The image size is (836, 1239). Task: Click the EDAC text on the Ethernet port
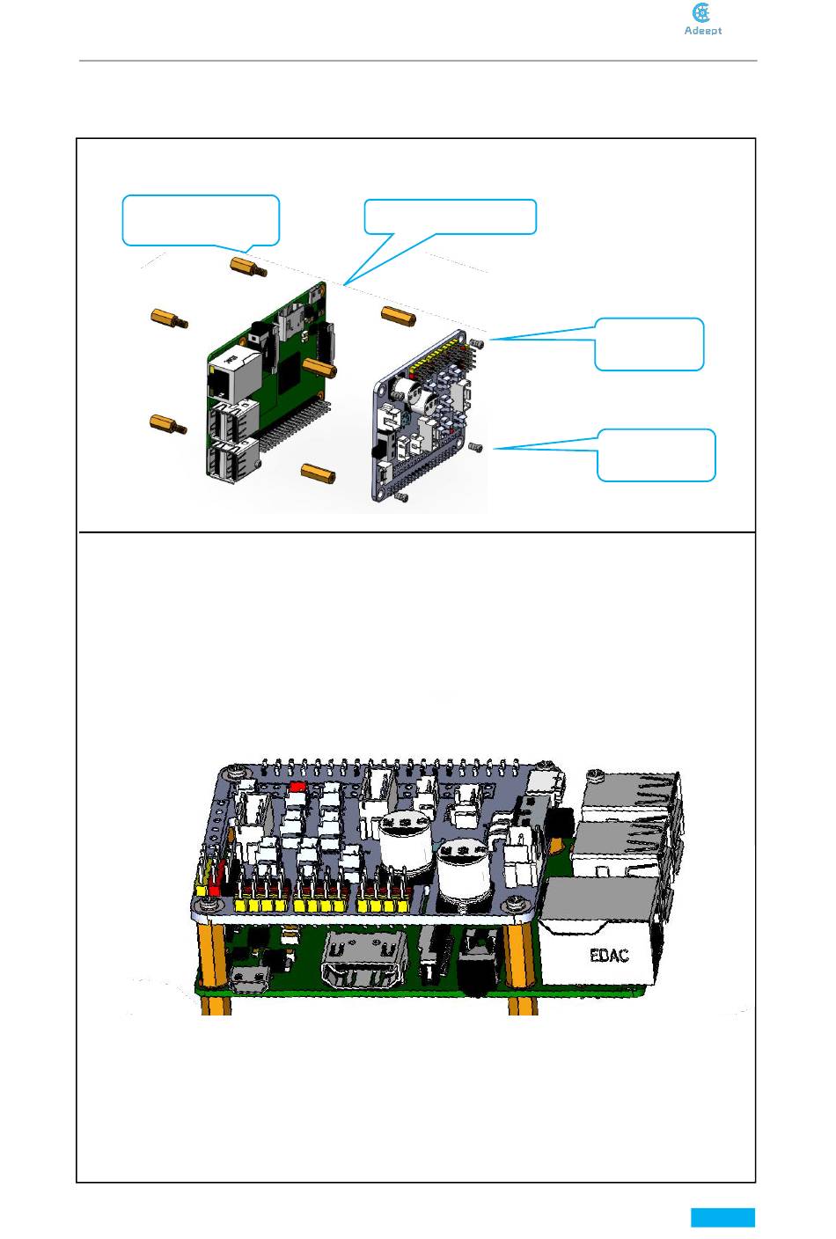point(609,955)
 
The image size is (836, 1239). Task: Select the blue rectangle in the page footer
point(722,1217)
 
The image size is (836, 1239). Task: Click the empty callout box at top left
point(201,219)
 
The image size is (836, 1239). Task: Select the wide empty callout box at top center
point(450,216)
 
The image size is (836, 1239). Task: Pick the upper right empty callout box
point(649,343)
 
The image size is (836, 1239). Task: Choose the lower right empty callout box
point(656,455)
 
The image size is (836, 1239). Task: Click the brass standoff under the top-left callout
point(247,266)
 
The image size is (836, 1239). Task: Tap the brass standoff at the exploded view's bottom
point(319,472)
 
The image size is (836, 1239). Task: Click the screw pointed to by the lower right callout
point(477,448)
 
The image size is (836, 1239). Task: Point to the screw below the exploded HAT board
point(402,498)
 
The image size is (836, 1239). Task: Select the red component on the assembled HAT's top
point(297,787)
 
